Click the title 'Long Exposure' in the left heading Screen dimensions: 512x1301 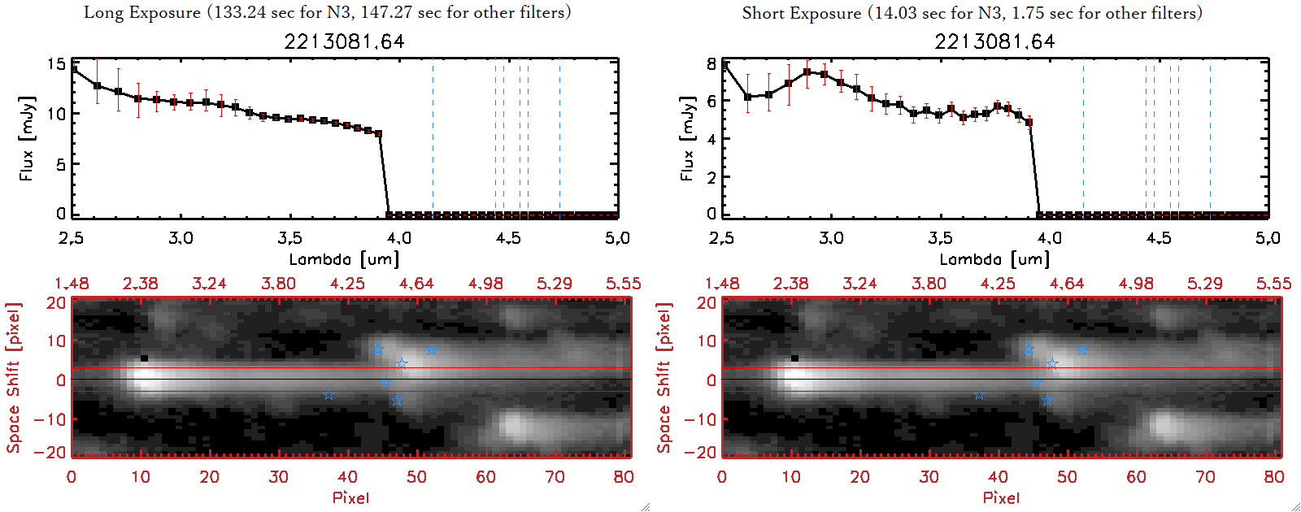click(x=142, y=12)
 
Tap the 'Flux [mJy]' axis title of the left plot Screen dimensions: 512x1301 click(x=27, y=138)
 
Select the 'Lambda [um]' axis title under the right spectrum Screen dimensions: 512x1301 click(x=994, y=259)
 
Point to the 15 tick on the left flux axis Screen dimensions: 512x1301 click(x=56, y=63)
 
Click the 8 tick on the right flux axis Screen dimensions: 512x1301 click(x=711, y=63)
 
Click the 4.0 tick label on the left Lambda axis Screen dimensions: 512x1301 click(x=398, y=238)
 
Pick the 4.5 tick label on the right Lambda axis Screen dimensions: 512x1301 click(x=1159, y=238)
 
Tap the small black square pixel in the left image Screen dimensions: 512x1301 click(x=144, y=358)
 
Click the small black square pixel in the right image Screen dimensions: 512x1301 click(x=794, y=358)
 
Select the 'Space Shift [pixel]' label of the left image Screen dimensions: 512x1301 click(x=13, y=378)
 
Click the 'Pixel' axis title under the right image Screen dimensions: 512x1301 click(x=1001, y=497)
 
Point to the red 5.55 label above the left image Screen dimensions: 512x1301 click(x=623, y=284)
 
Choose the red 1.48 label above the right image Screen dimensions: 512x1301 click(x=722, y=284)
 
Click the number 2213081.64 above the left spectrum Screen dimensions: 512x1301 click(x=344, y=41)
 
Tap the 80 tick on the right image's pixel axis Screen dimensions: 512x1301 click(x=1273, y=477)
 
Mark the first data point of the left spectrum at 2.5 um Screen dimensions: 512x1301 click(x=74, y=70)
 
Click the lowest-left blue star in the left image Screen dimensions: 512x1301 click(x=329, y=395)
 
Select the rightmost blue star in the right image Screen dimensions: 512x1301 click(x=1082, y=349)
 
